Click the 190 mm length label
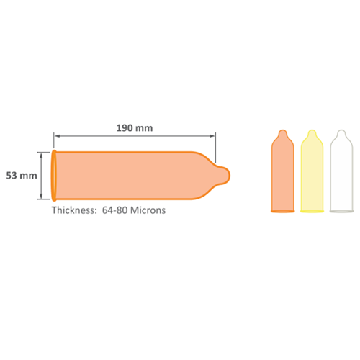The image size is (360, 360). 135,128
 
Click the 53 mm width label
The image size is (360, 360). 22,176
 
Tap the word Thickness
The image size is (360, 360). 74,210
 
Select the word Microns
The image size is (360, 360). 148,210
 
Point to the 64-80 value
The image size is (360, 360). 114,210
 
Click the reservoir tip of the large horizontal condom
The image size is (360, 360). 222,176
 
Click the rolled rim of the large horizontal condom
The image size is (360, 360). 54,176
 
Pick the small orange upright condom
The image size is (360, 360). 283,171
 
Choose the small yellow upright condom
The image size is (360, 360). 312,171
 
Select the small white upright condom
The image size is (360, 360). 341,171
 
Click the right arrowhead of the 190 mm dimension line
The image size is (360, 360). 212,136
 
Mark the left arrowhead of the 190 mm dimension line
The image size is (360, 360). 57,136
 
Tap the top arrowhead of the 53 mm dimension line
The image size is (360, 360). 41,156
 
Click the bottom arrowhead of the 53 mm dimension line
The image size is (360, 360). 41,196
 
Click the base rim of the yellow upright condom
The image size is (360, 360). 312,211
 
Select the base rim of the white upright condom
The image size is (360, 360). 341,211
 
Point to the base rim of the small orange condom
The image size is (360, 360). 283,211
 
